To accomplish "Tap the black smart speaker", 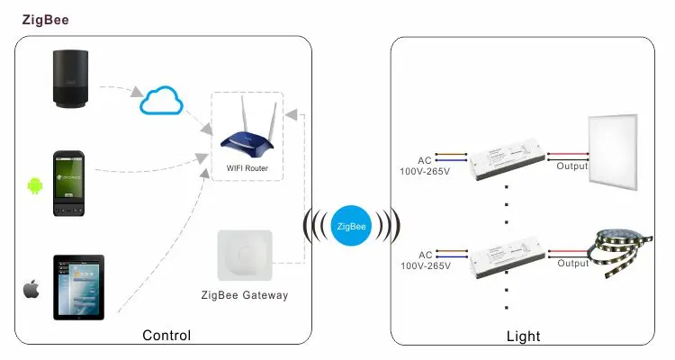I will click(78, 81).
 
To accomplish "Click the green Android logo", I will click(35, 186).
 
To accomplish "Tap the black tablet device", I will click(78, 286).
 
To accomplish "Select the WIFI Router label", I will click(246, 168).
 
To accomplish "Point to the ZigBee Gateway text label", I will click(245, 295).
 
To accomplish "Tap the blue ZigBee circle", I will click(351, 225).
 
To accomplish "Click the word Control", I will click(166, 336).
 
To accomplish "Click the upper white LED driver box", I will click(506, 160).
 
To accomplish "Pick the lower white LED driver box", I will click(506, 256).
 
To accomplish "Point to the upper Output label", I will click(571, 166).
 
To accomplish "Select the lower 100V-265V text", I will click(425, 266).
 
